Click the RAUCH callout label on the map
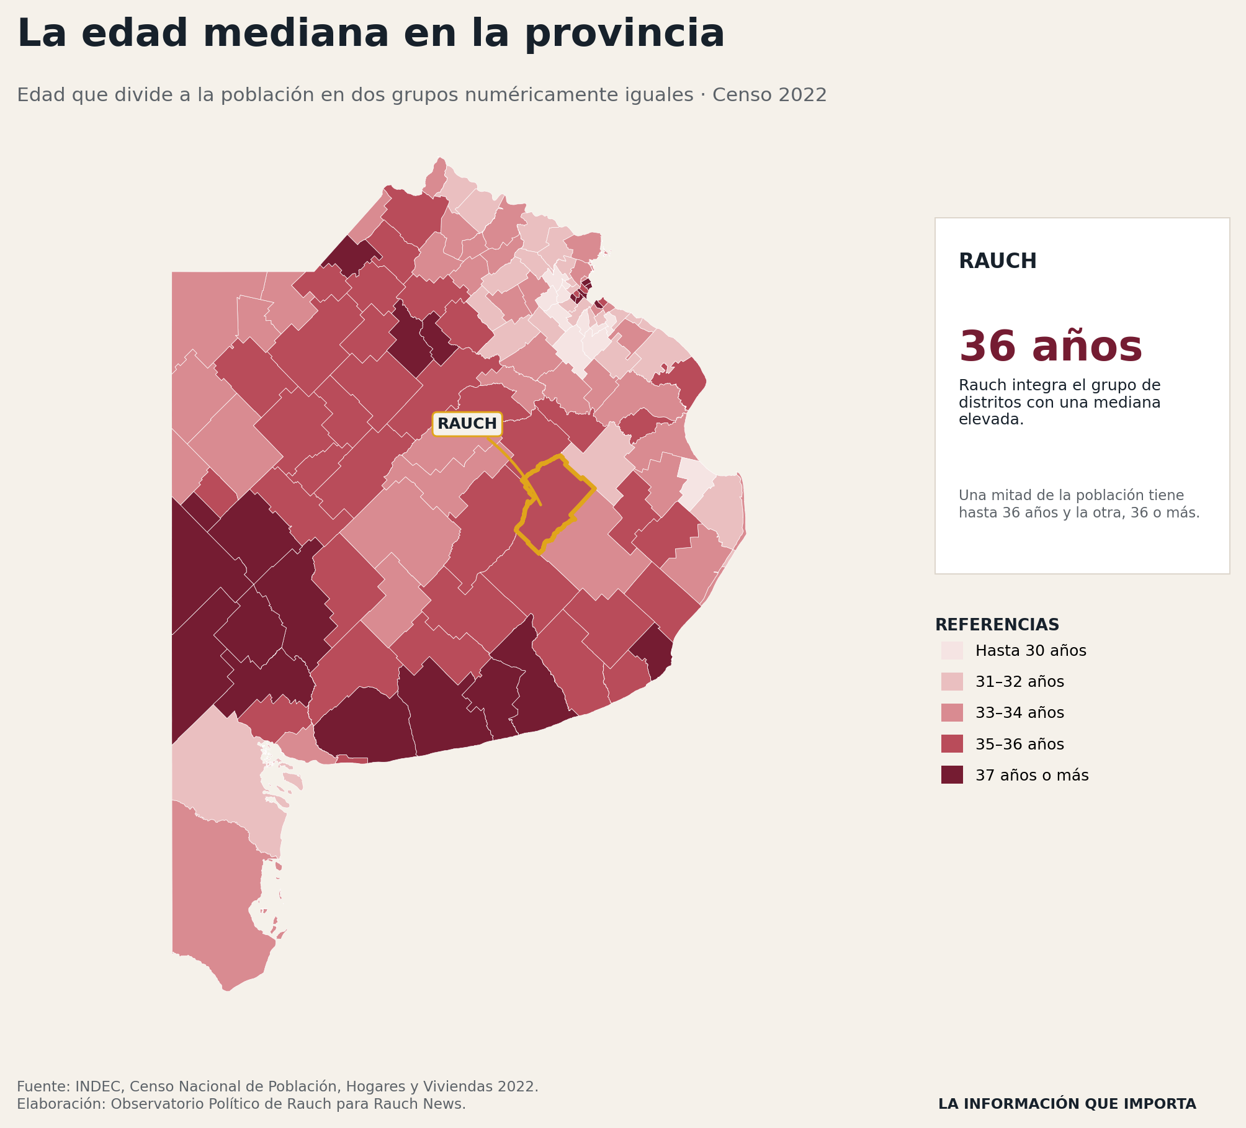tap(467, 424)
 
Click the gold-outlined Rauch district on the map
tap(555, 503)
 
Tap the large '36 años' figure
tap(1051, 346)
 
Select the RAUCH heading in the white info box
tap(998, 261)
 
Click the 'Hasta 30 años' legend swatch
tap(952, 650)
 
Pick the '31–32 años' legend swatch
tap(952, 681)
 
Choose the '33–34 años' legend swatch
tap(952, 712)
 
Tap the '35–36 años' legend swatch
tap(952, 744)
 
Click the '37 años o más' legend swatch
tap(952, 775)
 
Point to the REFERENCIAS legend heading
tap(997, 625)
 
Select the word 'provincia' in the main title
tap(625, 35)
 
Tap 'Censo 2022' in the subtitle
tap(769, 95)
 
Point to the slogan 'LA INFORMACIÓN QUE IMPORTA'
tap(1067, 1104)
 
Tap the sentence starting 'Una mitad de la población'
tap(1079, 504)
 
